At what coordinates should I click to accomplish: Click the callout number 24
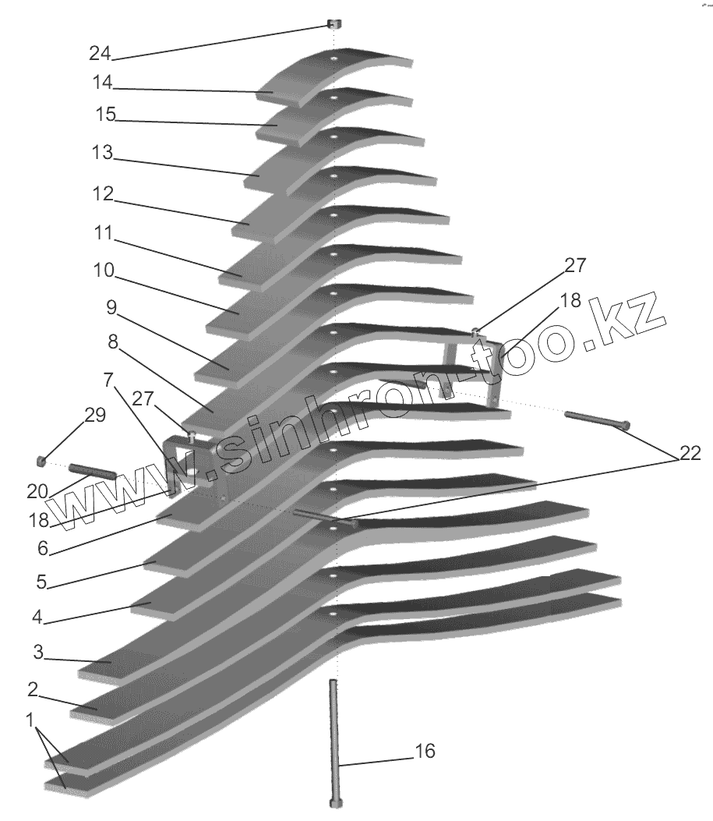pos(100,54)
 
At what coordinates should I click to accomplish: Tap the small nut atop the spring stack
pos(334,25)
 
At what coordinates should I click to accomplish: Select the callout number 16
pos(425,752)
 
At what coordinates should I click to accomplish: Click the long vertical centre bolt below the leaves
pos(334,741)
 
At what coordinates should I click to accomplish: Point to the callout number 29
pos(94,416)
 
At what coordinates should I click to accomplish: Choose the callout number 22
pos(690,452)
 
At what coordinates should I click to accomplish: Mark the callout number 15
pos(105,115)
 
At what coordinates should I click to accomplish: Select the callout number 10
pos(104,271)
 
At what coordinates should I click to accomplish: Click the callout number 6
pos(43,549)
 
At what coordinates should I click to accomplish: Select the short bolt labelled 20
pos(92,471)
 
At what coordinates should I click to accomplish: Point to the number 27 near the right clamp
pos(575,266)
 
